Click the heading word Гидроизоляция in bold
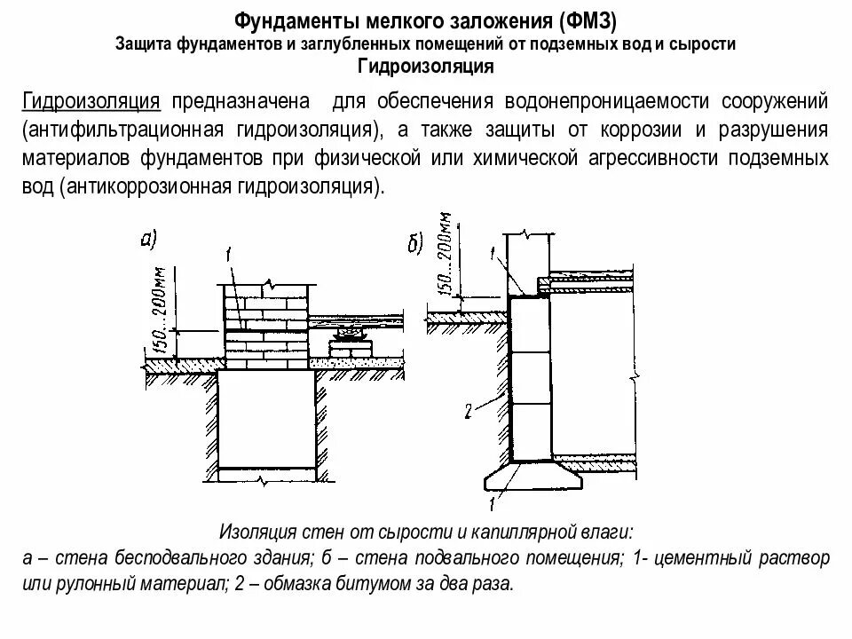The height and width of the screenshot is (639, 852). [425, 67]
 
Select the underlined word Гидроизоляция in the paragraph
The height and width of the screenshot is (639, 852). [91, 101]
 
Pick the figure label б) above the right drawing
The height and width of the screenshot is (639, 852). [415, 245]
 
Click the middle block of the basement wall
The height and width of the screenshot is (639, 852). [530, 378]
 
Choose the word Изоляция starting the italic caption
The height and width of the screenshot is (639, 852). [251, 532]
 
